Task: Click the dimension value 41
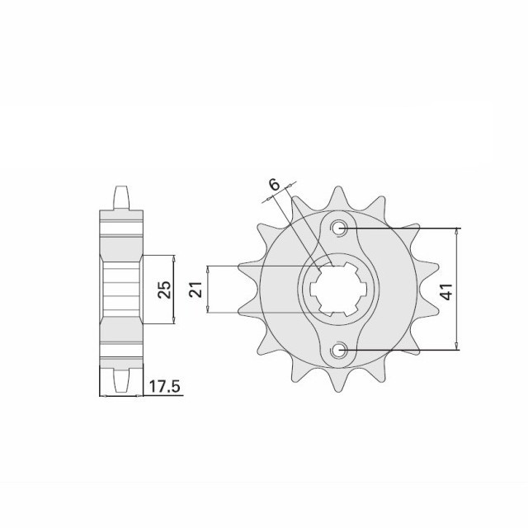click(x=448, y=291)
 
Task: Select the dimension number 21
click(x=196, y=289)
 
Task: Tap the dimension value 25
click(x=165, y=290)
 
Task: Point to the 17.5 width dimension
click(x=165, y=387)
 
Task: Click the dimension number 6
click(x=274, y=185)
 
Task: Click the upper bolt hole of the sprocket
click(x=338, y=229)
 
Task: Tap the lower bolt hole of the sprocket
click(x=338, y=350)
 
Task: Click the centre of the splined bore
click(x=338, y=290)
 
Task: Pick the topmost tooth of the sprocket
click(x=338, y=198)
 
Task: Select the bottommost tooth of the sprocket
click(x=338, y=380)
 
